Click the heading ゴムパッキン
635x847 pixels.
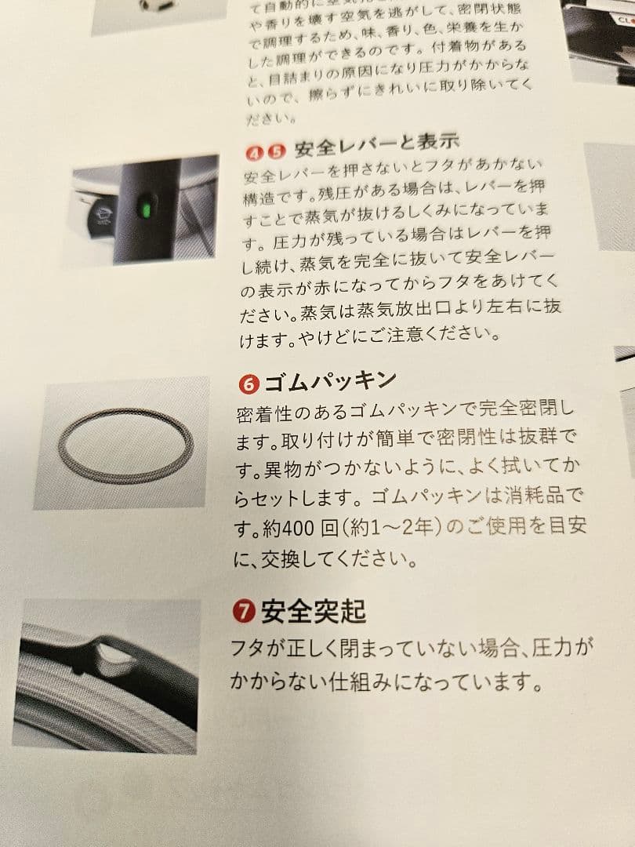pos(330,382)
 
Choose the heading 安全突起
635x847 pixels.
pos(314,609)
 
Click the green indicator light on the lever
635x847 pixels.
pos(144,209)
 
